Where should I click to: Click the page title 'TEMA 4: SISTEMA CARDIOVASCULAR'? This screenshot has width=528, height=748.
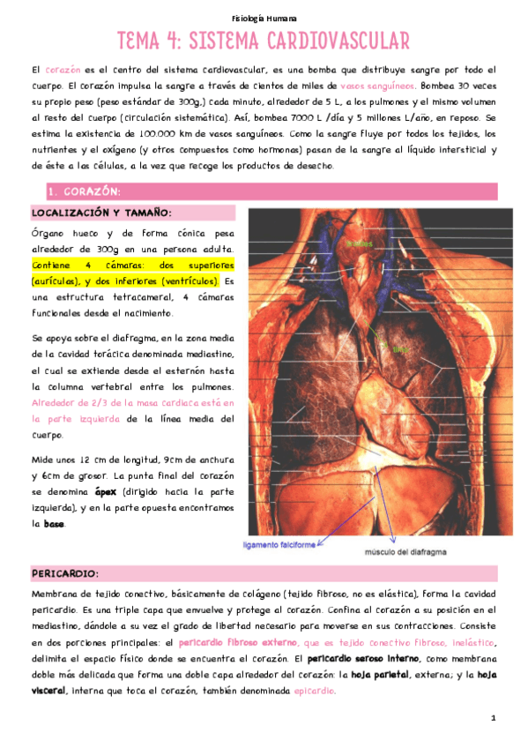[264, 41]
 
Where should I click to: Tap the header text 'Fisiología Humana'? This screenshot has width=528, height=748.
[264, 18]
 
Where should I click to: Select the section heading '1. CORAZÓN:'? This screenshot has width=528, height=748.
[86, 191]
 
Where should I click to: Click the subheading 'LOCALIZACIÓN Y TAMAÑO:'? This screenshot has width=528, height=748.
[101, 213]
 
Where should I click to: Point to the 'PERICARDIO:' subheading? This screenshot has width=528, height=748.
[65, 573]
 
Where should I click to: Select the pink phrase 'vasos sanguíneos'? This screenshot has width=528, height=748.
[376, 86]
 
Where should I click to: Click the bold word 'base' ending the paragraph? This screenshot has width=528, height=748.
[54, 524]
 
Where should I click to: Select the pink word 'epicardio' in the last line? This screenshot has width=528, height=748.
[315, 691]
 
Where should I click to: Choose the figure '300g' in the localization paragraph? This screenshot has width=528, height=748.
[95, 250]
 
